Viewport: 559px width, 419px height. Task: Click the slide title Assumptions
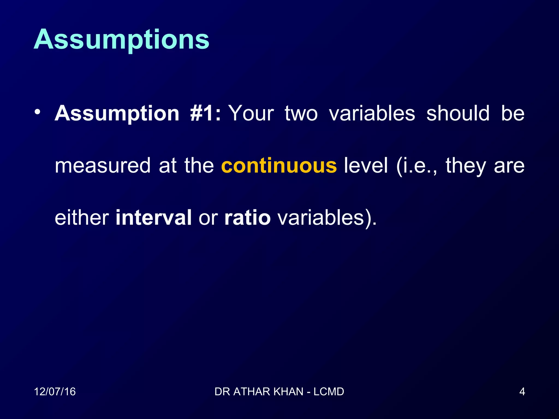121,40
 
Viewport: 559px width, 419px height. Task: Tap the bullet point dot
37,112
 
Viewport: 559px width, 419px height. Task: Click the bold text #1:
205,113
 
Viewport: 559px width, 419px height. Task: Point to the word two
301,113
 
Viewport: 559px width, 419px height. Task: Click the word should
458,113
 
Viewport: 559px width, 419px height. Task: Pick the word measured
102,166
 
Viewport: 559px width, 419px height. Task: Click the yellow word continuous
279,166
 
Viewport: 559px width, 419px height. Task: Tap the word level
366,166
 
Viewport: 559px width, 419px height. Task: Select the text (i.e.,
417,166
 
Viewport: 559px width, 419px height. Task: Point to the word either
82,218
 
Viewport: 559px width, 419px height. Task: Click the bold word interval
153,218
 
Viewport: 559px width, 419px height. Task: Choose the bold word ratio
247,218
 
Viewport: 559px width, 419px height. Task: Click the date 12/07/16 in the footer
55,392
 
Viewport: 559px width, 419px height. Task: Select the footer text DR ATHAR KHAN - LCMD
279,392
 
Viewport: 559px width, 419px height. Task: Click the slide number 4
522,392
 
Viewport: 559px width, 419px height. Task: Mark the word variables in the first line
372,113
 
